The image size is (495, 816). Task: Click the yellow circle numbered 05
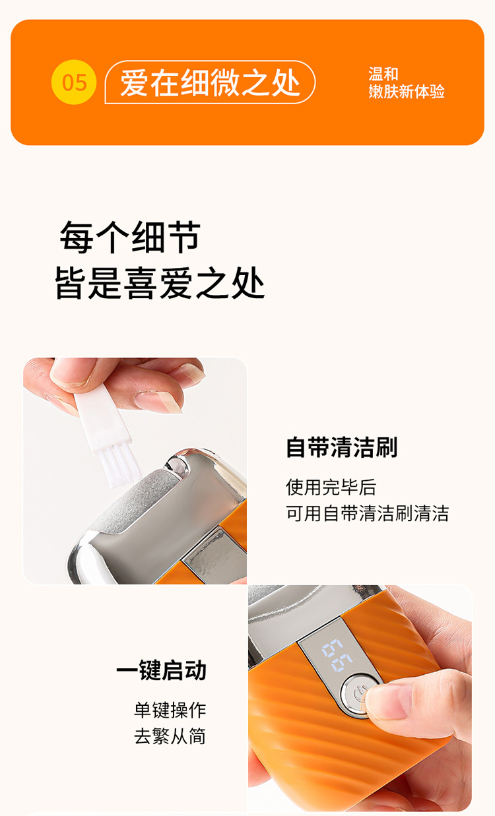click(74, 82)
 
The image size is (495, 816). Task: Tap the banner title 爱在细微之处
click(210, 82)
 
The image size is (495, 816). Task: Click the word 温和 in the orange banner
click(383, 74)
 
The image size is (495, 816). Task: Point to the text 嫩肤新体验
click(407, 92)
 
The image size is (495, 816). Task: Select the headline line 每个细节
click(130, 237)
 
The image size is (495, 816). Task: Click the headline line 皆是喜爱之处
click(160, 283)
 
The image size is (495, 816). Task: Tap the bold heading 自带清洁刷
click(341, 447)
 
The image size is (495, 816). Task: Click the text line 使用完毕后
click(331, 487)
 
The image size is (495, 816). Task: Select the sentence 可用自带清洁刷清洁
click(367, 513)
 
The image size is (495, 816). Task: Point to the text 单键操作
click(170, 710)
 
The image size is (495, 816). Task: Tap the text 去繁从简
click(170, 736)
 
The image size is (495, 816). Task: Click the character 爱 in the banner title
click(134, 82)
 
